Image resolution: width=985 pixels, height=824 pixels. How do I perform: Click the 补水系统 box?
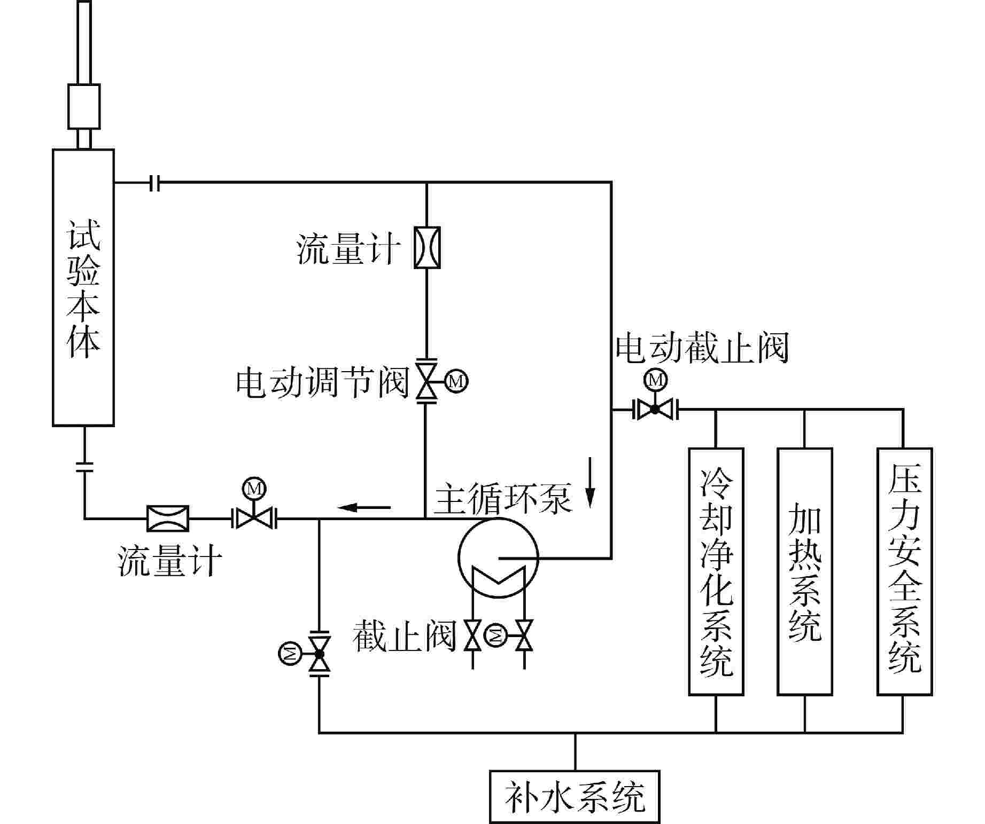pyautogui.click(x=575, y=797)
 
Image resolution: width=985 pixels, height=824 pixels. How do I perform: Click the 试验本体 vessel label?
pyautogui.click(x=83, y=289)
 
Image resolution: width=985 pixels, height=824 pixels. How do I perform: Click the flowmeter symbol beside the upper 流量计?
pyautogui.click(x=428, y=247)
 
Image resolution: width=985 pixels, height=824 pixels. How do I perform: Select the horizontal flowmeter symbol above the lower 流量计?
pyautogui.click(x=168, y=518)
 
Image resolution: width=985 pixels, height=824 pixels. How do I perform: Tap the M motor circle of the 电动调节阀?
pyautogui.click(x=456, y=381)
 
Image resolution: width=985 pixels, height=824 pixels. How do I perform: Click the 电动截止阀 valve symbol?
pyautogui.click(x=655, y=410)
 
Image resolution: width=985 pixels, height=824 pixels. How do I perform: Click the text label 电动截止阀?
pyautogui.click(x=702, y=348)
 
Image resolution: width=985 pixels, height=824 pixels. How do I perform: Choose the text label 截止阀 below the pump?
pyautogui.click(x=404, y=635)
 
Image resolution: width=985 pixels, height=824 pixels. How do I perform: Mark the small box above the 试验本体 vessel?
pyautogui.click(x=84, y=106)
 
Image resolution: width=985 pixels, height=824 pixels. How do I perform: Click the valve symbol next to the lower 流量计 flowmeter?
pyautogui.click(x=254, y=517)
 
